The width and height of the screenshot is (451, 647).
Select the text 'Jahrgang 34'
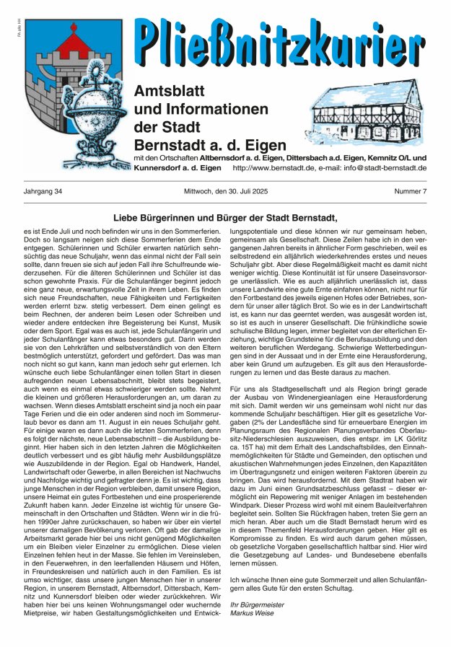(x=43, y=191)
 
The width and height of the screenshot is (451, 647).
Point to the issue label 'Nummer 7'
(x=410, y=191)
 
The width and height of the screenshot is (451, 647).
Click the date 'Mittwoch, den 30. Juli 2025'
(x=225, y=191)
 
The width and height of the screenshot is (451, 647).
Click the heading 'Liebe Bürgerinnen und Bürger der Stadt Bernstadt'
(x=225, y=216)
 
